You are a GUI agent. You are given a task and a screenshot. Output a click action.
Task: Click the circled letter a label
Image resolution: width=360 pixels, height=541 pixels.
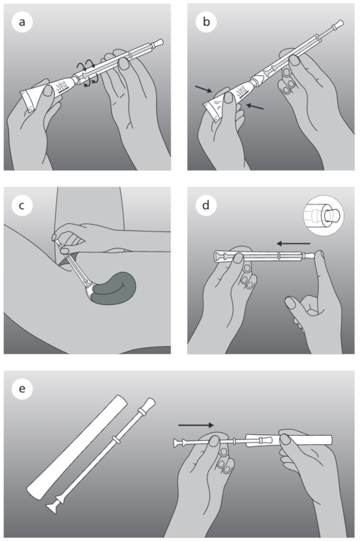[22, 22]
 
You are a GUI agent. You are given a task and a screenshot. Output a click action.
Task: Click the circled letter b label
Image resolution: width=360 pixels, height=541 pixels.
[206, 22]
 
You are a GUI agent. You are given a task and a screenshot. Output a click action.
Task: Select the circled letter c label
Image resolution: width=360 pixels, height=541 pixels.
[22, 206]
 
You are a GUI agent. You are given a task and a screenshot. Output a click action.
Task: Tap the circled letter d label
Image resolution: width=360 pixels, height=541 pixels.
[206, 206]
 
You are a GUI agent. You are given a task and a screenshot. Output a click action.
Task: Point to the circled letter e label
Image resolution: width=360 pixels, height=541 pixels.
[22, 389]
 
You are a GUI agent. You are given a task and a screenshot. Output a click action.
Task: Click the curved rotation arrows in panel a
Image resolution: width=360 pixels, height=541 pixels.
[87, 73]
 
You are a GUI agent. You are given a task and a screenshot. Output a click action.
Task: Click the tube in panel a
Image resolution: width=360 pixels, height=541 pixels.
[48, 92]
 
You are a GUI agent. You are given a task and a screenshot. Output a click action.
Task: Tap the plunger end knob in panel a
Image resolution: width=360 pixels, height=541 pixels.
[158, 43]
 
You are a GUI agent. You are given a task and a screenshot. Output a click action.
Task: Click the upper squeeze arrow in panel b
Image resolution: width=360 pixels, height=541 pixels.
[204, 89]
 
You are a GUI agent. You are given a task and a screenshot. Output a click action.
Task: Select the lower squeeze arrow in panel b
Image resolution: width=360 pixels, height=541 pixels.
[255, 106]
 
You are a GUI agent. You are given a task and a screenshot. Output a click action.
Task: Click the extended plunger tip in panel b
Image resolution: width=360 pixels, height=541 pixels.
[337, 26]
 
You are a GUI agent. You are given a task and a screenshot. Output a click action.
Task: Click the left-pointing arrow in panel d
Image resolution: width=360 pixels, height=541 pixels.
[293, 243]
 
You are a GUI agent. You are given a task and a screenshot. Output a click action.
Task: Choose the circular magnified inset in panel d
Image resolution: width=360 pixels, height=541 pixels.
[323, 216]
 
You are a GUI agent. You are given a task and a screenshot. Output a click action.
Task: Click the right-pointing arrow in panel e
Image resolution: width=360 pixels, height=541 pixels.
[196, 425]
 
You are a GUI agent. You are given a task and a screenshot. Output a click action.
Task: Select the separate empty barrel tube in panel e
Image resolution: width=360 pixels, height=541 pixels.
[77, 447]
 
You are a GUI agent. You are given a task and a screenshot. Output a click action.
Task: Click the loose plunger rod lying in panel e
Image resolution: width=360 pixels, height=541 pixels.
[101, 455]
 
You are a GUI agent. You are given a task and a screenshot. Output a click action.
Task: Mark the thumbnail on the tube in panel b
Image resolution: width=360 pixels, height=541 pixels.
[228, 97]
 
